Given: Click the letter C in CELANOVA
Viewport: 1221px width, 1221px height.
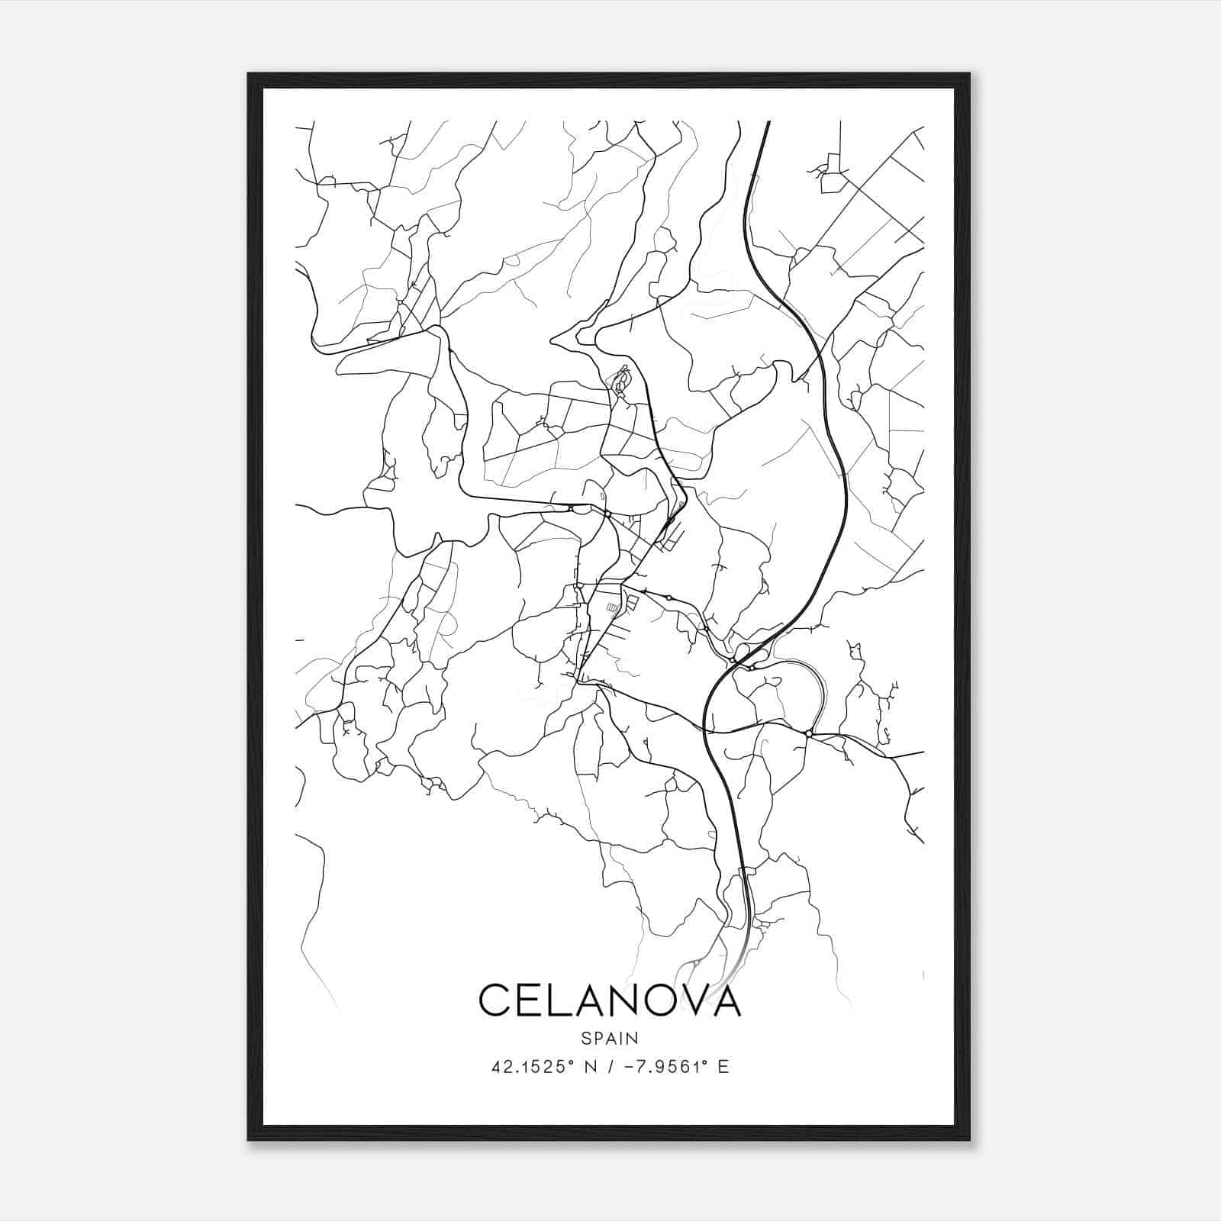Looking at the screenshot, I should click(495, 1000).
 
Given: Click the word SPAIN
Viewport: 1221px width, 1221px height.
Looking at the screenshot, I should click(610, 1038).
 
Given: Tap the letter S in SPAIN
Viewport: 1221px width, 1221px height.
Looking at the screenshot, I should click(585, 1038).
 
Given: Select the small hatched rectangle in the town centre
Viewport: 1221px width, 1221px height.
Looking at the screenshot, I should click(612, 607).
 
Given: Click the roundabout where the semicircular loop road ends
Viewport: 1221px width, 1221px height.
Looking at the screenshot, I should click(807, 734).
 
